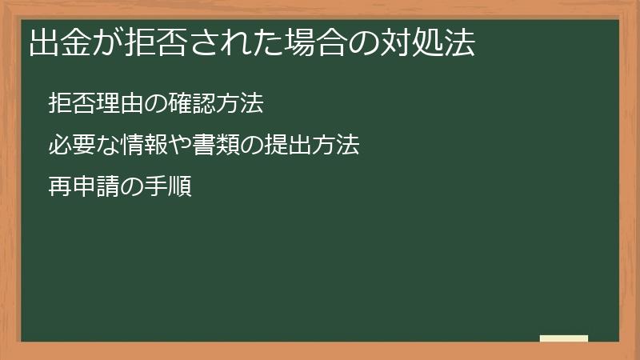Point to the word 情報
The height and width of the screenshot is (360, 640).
pyautogui.click(x=144, y=146)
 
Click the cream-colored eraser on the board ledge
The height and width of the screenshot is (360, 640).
pyautogui.click(x=564, y=338)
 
